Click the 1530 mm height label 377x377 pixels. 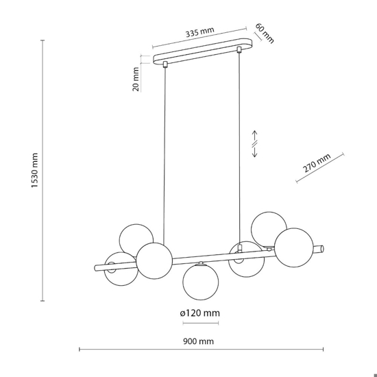point(35,170)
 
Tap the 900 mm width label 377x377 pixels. point(198,341)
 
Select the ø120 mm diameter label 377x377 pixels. point(199,313)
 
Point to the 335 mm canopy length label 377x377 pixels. point(199,32)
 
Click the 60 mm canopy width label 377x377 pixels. point(264,34)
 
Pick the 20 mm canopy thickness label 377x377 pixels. point(136,79)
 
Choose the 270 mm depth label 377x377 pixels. point(317,163)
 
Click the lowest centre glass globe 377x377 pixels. point(201,282)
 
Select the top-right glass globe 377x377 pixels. point(269,229)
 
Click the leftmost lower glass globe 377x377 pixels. point(121,269)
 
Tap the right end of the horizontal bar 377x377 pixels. point(322,248)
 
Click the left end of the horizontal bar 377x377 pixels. point(95,268)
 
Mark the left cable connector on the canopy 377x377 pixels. point(165,64)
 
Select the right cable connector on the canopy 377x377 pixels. point(239,50)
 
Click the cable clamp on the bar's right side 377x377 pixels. point(239,248)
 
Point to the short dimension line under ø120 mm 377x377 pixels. point(201,323)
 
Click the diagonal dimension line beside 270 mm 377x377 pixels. point(320,167)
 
